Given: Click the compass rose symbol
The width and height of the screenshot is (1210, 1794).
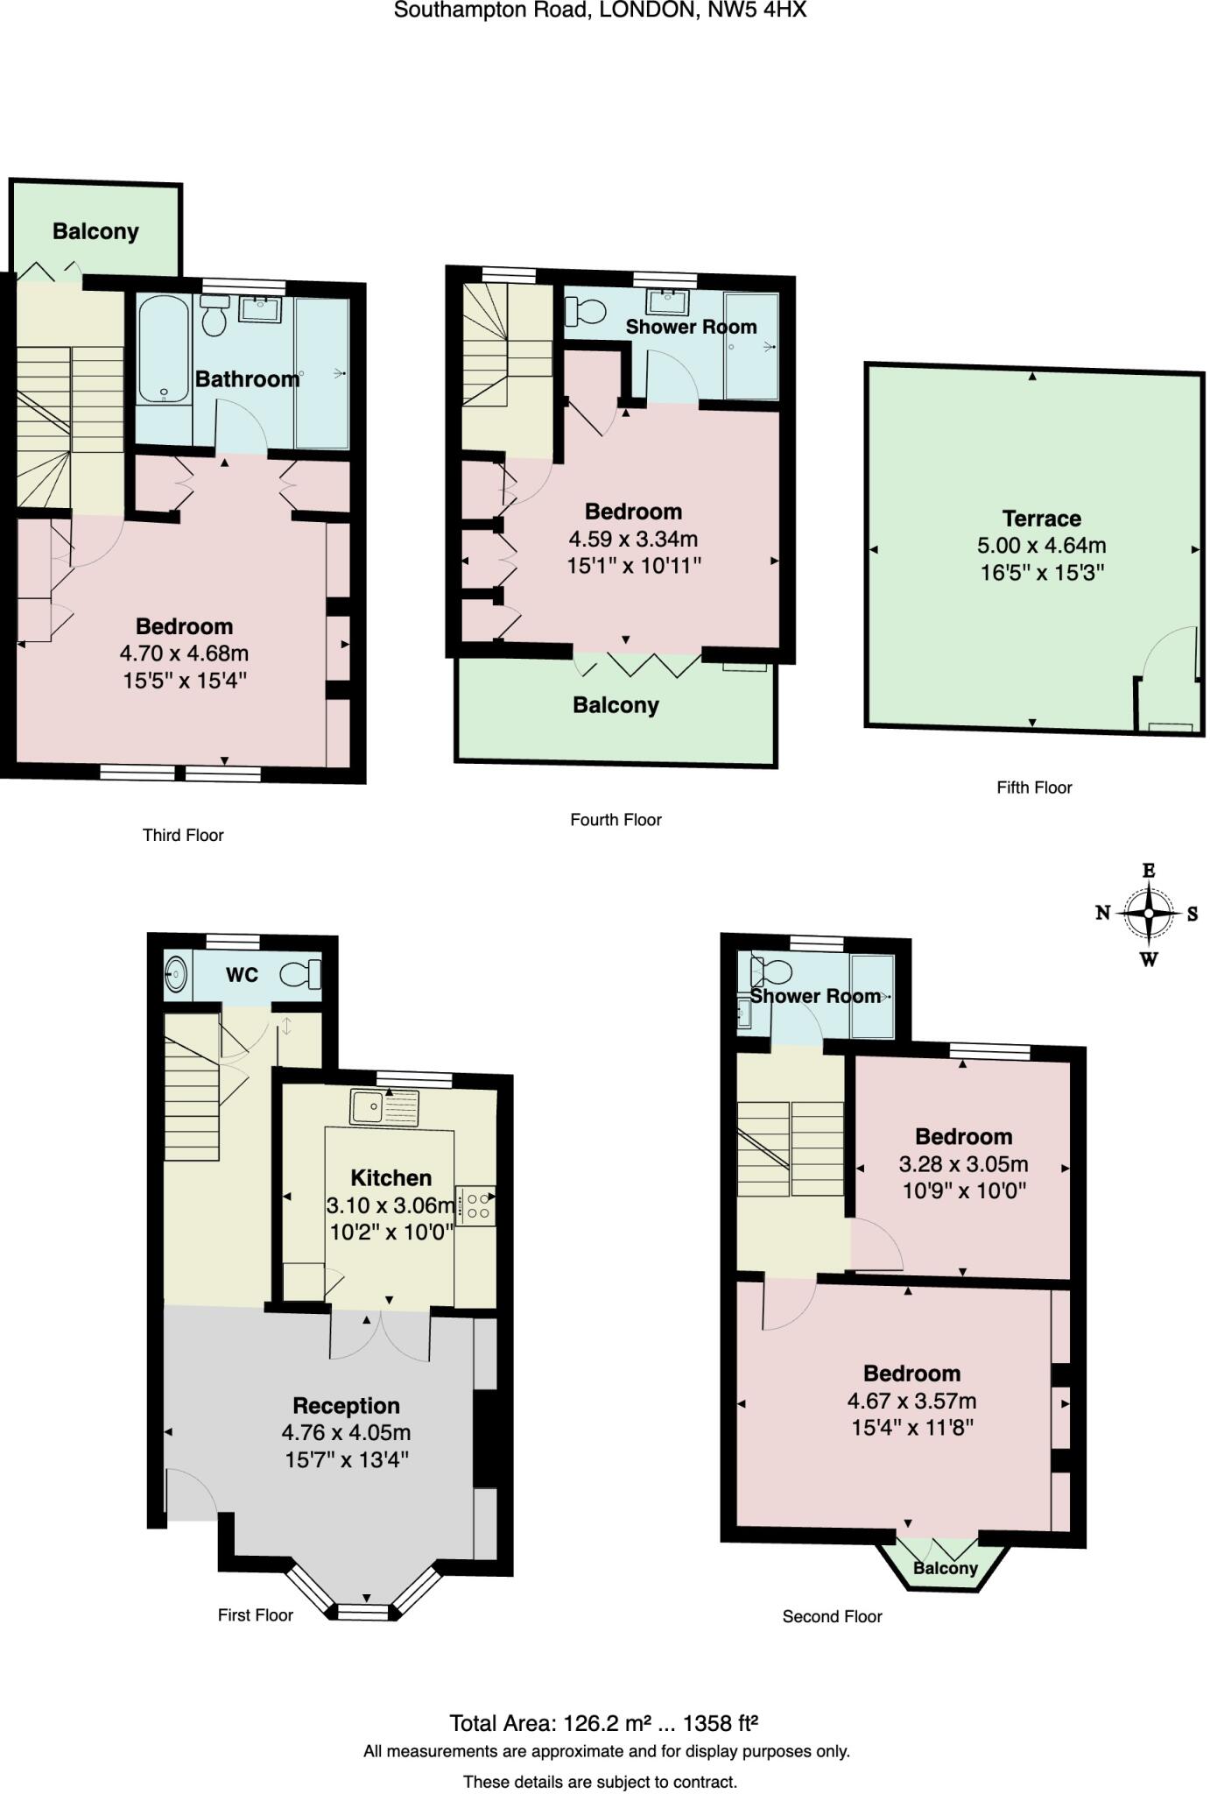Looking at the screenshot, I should click(1148, 913).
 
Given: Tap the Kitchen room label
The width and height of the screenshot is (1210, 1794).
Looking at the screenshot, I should click(390, 1177).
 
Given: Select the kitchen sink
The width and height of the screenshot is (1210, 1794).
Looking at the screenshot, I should click(385, 1107).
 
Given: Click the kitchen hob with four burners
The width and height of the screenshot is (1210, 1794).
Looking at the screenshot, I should click(477, 1206).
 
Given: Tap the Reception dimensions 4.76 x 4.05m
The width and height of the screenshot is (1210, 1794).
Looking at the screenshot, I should click(346, 1432).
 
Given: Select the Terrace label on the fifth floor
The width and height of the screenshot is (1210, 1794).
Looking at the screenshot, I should click(1041, 518).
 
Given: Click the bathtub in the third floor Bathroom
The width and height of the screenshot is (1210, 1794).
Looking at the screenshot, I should click(165, 350).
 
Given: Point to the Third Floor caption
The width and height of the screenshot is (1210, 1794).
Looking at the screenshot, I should click(183, 835).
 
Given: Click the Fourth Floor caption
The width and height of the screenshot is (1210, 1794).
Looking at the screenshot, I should click(616, 819).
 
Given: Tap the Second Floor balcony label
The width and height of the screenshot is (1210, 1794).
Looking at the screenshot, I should click(945, 1568).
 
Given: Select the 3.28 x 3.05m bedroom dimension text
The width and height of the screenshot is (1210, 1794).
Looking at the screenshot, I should click(963, 1164).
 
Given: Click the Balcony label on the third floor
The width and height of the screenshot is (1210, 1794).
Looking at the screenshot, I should click(95, 231).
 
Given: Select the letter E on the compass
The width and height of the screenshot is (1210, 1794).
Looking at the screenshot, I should click(1149, 870).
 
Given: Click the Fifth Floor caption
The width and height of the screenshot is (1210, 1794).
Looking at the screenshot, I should click(1034, 787).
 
